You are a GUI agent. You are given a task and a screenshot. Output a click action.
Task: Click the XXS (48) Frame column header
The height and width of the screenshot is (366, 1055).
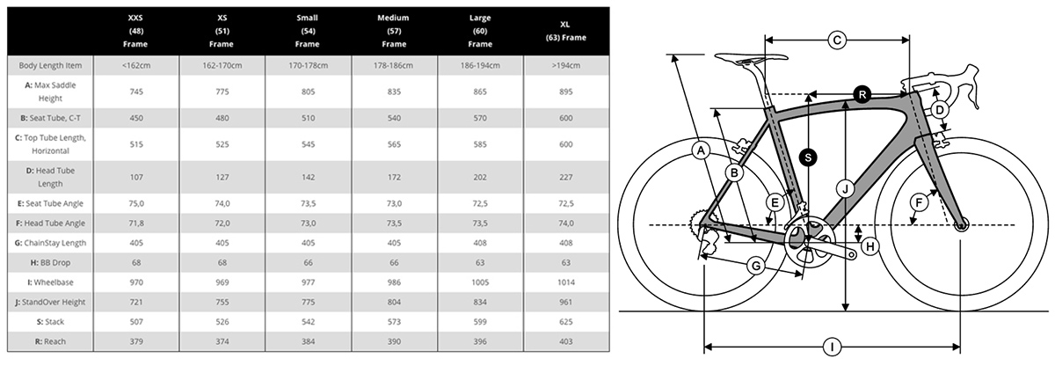coord(135,31)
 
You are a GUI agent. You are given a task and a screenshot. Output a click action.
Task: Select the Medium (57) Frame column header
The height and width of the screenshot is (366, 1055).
coord(393,31)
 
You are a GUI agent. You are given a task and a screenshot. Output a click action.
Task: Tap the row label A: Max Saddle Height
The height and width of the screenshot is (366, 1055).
coord(50,91)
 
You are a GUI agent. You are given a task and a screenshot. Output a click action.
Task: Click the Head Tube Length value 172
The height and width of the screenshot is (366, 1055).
coord(394,177)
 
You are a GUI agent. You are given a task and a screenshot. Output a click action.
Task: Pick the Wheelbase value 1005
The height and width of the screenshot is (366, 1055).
coord(480,282)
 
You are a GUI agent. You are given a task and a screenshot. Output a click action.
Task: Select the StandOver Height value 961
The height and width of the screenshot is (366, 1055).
coord(565,302)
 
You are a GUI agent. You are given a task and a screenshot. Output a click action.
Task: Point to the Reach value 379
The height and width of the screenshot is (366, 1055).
coord(136,341)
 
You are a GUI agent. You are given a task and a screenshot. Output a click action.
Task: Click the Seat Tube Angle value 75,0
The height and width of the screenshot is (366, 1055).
coord(136,203)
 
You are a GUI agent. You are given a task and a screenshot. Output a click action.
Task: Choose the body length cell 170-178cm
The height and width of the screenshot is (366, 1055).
coord(308,65)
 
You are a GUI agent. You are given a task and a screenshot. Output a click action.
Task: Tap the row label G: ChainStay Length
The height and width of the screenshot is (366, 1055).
coord(50,243)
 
